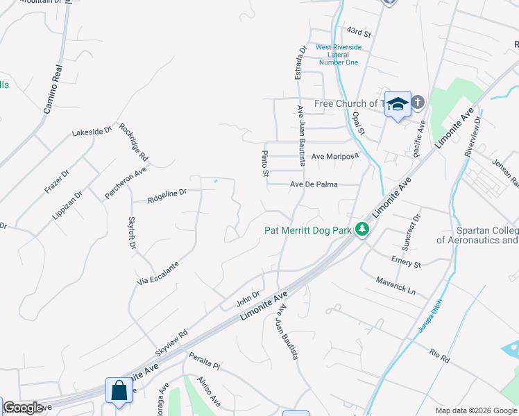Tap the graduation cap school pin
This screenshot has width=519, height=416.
pos(398,105)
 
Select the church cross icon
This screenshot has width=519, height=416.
pos(418,103)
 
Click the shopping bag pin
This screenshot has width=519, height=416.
pos(119,390)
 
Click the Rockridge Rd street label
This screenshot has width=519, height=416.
pos(133,142)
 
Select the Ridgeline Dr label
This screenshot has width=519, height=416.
pos(167,196)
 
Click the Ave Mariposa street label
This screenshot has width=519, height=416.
pos(334,156)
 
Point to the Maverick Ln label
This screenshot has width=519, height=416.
pos(395,286)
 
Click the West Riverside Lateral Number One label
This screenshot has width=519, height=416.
pos(338,55)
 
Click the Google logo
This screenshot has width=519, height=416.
pos(23,408)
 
